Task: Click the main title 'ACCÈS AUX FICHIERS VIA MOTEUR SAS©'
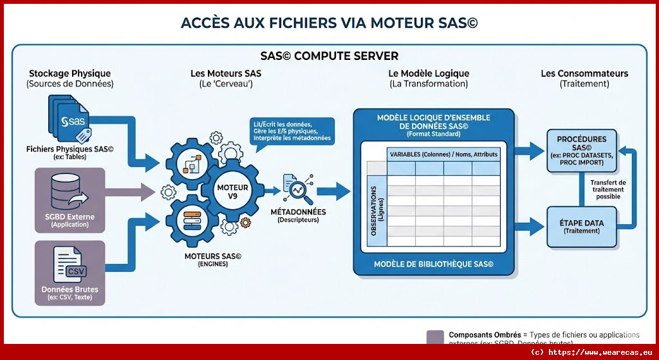click(329, 23)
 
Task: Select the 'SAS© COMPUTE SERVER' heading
click(329, 56)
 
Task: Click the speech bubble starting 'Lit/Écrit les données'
click(292, 130)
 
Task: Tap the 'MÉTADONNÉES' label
click(298, 212)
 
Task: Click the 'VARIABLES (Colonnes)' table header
click(443, 155)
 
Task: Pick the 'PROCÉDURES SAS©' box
click(582, 151)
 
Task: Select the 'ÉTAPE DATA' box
click(582, 226)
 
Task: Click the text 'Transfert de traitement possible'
click(608, 189)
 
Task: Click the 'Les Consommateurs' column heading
click(584, 74)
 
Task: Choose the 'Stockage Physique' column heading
click(70, 74)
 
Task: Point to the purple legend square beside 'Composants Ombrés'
click(435, 337)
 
